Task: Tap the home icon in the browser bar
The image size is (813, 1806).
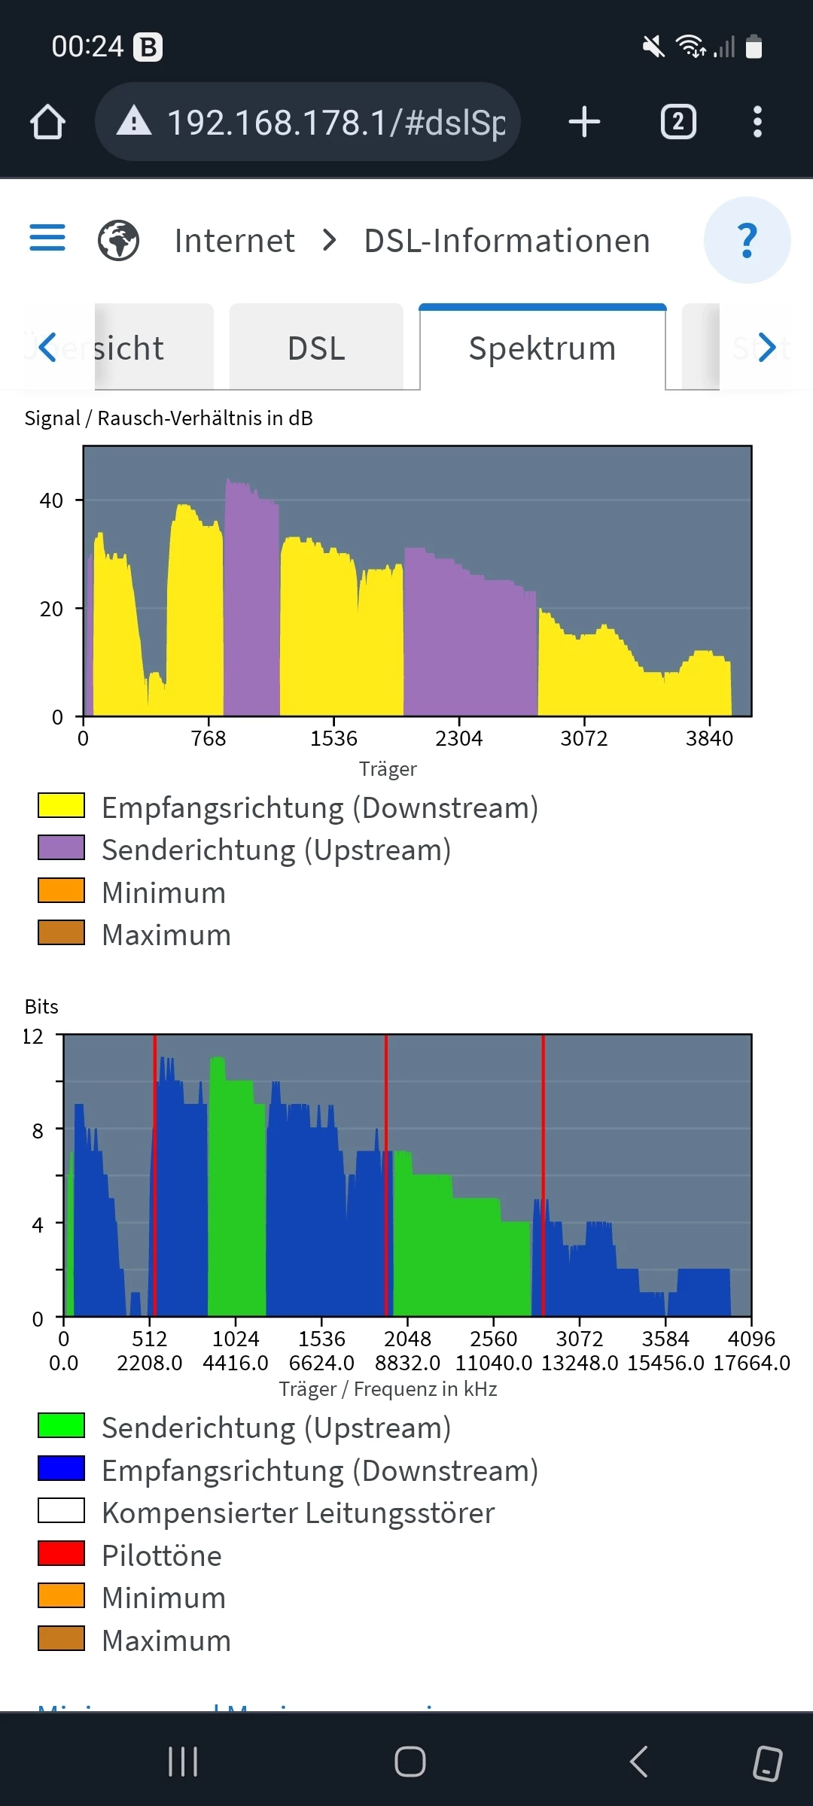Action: pos(47,122)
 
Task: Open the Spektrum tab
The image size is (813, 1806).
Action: pos(542,348)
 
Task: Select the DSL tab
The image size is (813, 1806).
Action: pos(316,348)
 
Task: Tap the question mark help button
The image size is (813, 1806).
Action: pos(747,240)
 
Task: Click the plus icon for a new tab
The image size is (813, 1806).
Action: pos(584,122)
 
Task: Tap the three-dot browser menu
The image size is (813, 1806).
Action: pos(757,122)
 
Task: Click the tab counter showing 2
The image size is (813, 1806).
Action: pos(678,122)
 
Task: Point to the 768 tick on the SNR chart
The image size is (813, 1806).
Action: pos(209,738)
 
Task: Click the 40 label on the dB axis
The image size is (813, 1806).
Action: pos(51,500)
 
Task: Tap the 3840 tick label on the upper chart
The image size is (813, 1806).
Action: pos(709,738)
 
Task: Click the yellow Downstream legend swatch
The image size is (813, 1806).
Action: pos(61,805)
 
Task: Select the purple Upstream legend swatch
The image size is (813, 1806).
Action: pos(61,847)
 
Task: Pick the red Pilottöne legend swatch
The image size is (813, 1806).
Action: pos(61,1552)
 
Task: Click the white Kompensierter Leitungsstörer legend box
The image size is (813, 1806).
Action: pos(61,1510)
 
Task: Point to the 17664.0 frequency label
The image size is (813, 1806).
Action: pos(751,1363)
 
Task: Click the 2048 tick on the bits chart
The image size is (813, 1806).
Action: pos(407,1339)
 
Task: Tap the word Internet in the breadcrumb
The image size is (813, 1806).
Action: pos(234,241)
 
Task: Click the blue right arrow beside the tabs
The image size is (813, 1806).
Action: pos(766,348)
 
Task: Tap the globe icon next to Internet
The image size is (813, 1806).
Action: pos(118,241)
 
